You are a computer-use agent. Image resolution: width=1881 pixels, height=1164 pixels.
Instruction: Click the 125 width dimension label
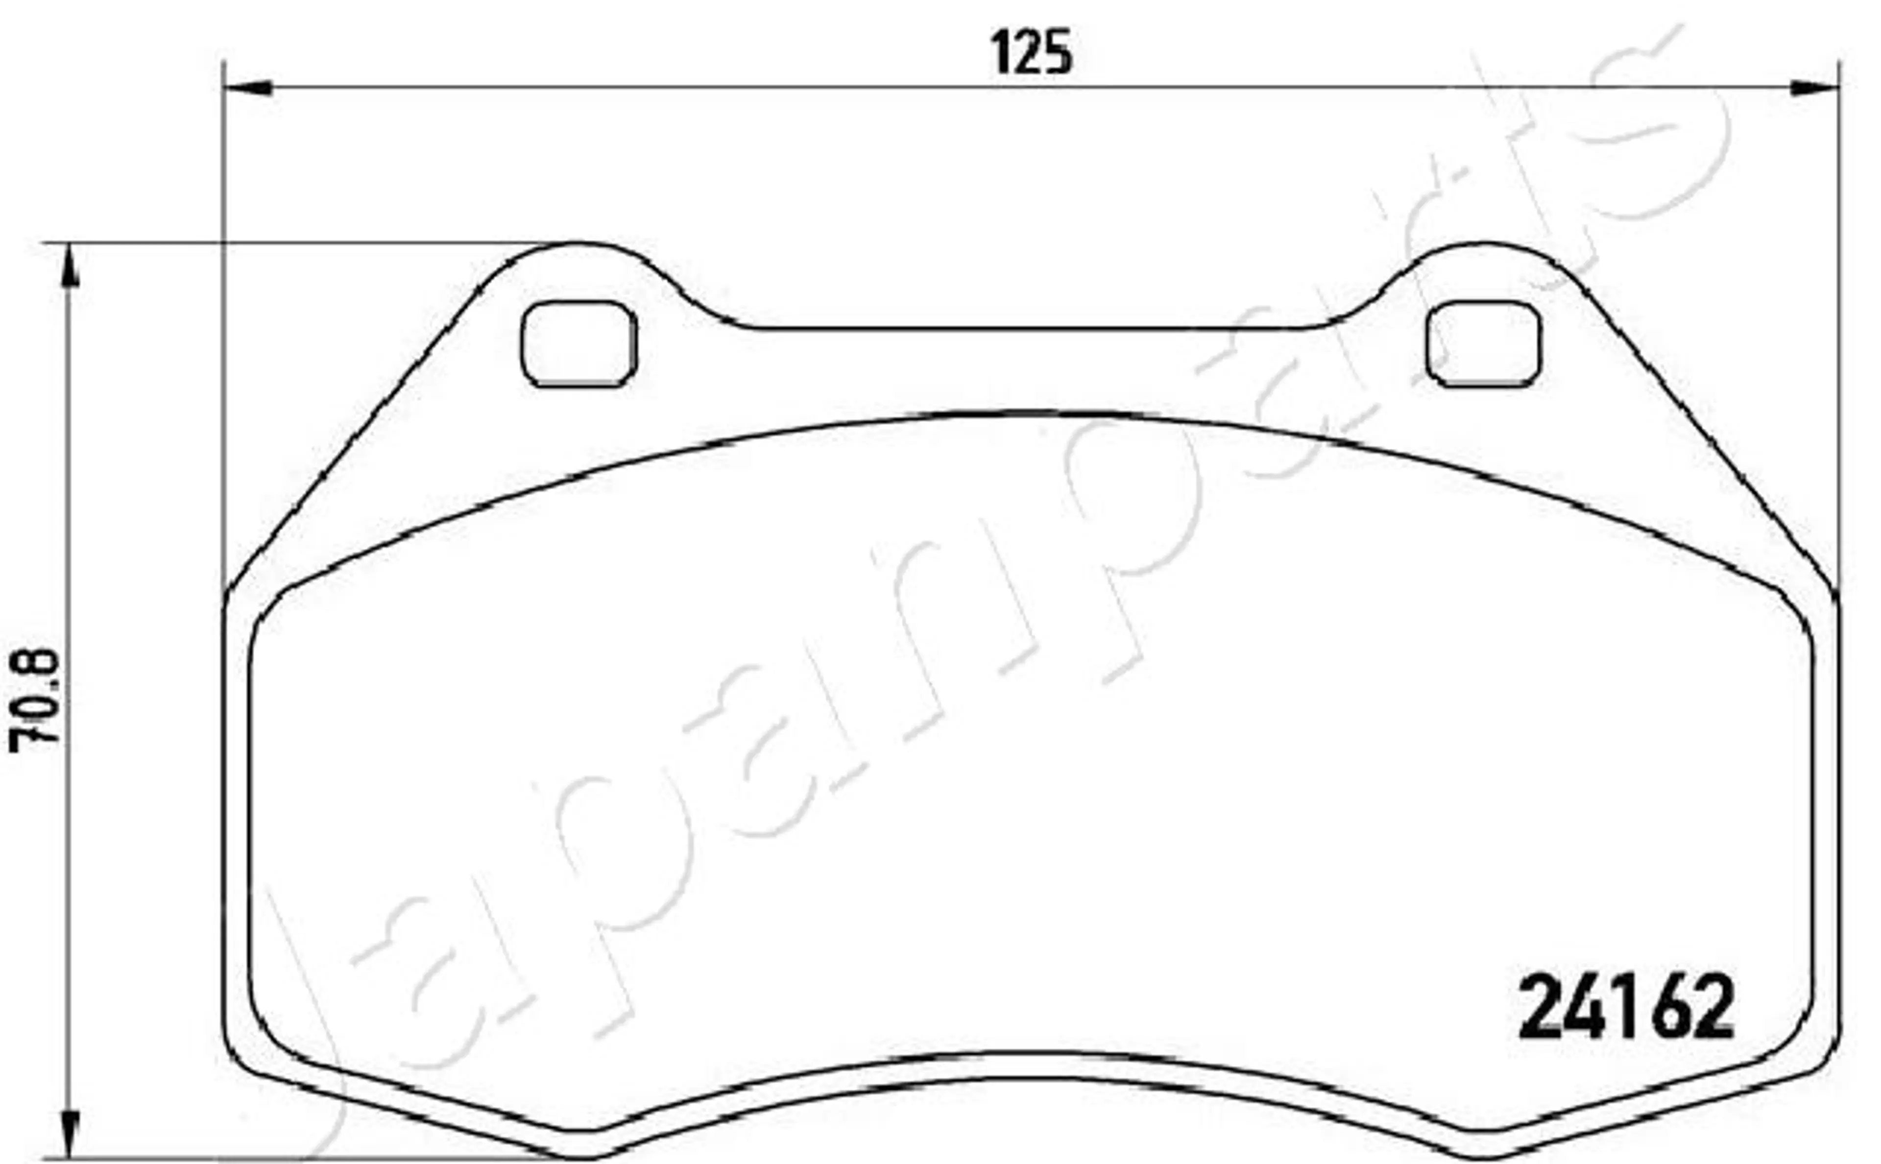pyautogui.click(x=1031, y=52)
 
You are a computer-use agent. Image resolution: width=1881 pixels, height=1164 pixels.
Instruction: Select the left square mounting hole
pyautogui.click(x=579, y=343)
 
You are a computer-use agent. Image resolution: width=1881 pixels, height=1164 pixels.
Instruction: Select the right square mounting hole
pyautogui.click(x=1484, y=343)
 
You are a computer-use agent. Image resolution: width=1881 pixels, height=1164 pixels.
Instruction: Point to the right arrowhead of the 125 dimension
pyautogui.click(x=1815, y=88)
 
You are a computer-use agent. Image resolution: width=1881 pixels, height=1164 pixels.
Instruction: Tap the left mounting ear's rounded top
pyautogui.click(x=579, y=245)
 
